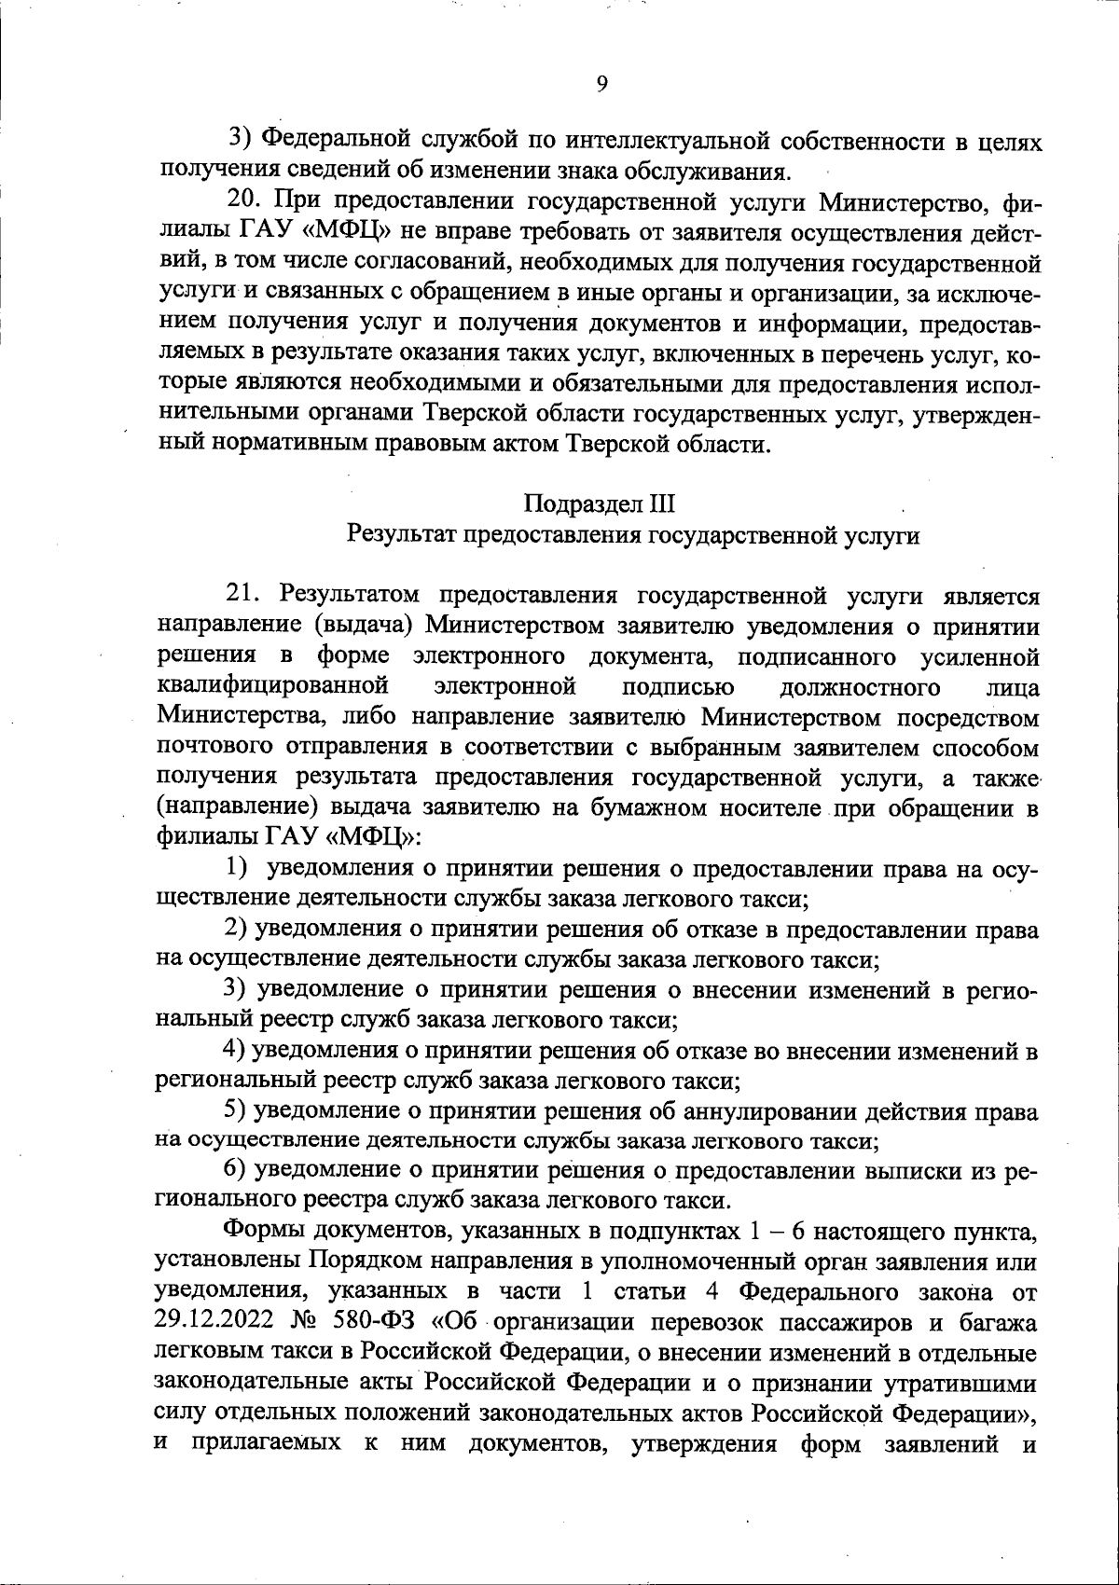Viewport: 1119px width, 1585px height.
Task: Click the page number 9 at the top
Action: (x=601, y=84)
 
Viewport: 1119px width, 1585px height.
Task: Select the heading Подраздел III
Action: (x=599, y=504)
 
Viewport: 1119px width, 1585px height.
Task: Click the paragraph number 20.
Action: (x=248, y=202)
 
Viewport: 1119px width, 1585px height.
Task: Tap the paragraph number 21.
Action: (x=247, y=596)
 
